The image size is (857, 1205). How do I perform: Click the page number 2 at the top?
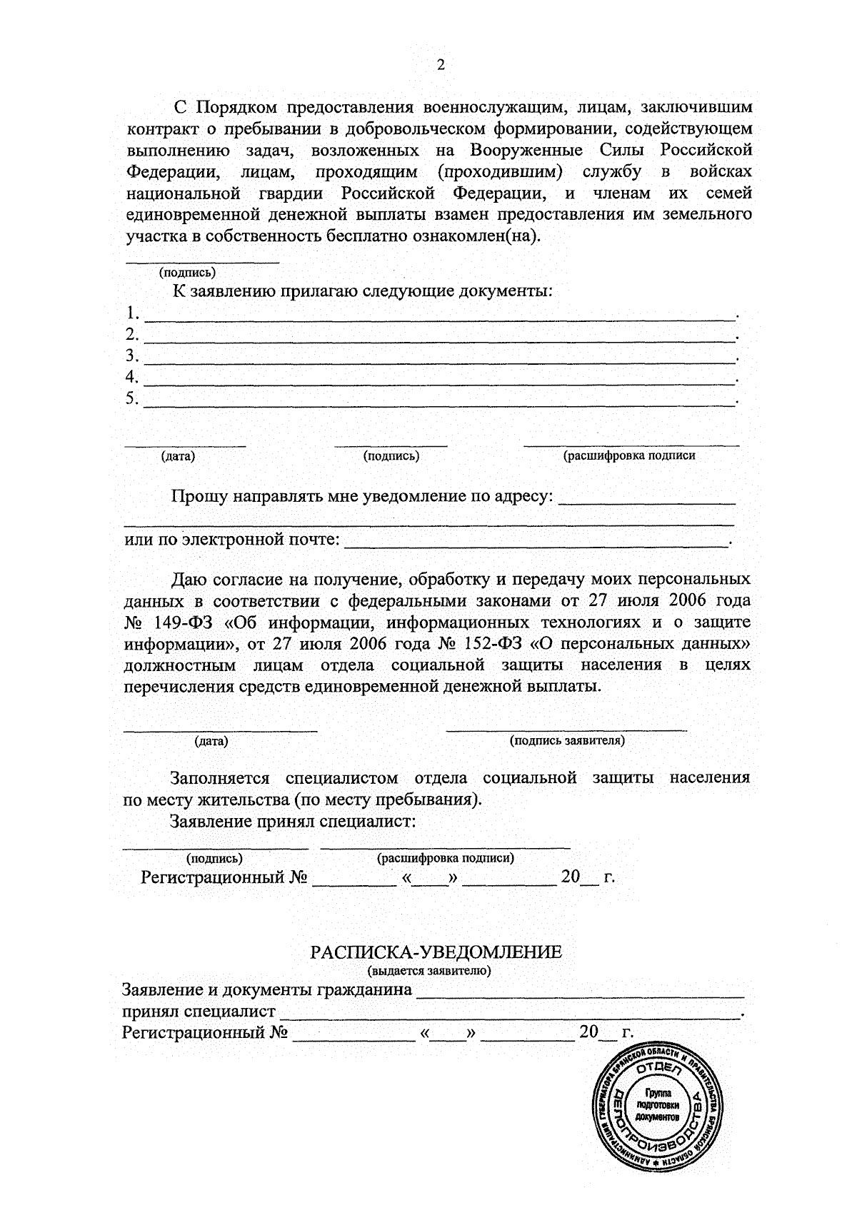(x=440, y=65)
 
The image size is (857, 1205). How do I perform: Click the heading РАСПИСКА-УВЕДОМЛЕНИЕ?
(x=436, y=952)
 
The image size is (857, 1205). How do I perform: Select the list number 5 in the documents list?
(x=131, y=398)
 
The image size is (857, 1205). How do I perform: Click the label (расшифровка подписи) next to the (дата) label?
(x=629, y=455)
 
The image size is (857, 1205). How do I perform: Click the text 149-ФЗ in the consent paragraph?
(x=186, y=622)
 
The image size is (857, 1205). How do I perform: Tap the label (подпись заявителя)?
(x=567, y=741)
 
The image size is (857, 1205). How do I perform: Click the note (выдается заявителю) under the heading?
(x=429, y=971)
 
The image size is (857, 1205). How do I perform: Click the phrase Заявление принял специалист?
(x=293, y=821)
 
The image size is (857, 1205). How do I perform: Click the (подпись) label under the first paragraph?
(x=187, y=272)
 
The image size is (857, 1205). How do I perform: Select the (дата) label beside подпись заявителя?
(x=211, y=741)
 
